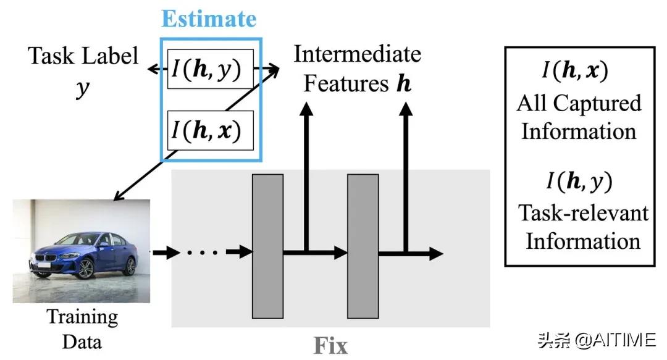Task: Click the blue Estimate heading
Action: (209, 19)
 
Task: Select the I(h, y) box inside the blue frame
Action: (211, 69)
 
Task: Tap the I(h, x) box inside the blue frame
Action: (211, 130)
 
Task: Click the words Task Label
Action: (83, 57)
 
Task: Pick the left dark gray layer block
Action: (268, 245)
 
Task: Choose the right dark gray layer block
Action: (363, 245)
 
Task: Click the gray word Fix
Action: (330, 345)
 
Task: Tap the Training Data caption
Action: (82, 329)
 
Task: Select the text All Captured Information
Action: (579, 117)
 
